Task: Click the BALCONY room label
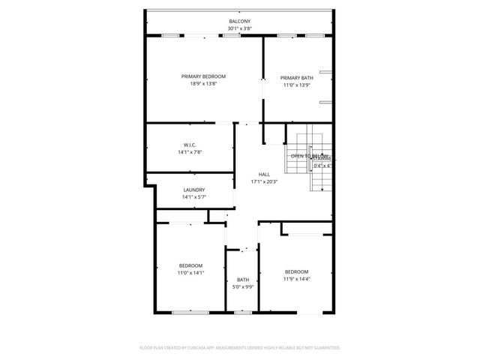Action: [x=239, y=21]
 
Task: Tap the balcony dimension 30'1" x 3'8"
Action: [x=239, y=28]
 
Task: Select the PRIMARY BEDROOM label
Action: [x=203, y=76]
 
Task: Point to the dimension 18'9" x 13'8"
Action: [x=203, y=84]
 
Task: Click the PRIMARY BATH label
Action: [x=297, y=78]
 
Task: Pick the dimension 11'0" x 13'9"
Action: [x=297, y=85]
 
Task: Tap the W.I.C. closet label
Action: [x=190, y=145]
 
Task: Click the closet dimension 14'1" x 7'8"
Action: [x=190, y=152]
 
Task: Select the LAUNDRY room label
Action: [x=193, y=190]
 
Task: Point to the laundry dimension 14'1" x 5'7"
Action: [x=193, y=197]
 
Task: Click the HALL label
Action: [x=264, y=173]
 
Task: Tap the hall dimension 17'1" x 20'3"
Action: [x=264, y=181]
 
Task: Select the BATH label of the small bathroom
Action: [x=243, y=280]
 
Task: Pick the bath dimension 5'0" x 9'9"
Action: [x=243, y=287]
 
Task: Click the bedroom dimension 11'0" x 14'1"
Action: [x=190, y=273]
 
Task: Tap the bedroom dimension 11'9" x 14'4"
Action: [x=296, y=279]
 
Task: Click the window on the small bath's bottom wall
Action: [x=241, y=312]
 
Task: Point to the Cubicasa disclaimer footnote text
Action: [x=240, y=348]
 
